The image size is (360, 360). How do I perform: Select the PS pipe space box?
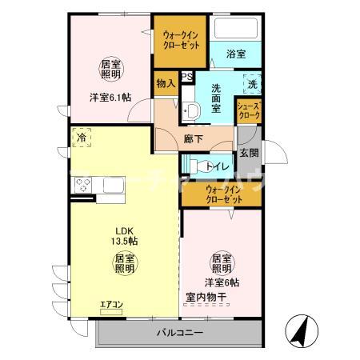186,78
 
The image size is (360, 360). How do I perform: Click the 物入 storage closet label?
166,83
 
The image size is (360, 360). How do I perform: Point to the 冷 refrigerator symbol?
82,138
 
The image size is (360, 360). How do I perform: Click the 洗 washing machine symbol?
251,84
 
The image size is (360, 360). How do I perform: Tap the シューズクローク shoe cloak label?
248,110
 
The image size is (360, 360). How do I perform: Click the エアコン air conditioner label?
111,305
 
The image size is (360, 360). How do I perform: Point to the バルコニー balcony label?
180,332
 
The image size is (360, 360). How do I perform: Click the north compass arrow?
305,330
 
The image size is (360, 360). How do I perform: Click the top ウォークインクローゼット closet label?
182,41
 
